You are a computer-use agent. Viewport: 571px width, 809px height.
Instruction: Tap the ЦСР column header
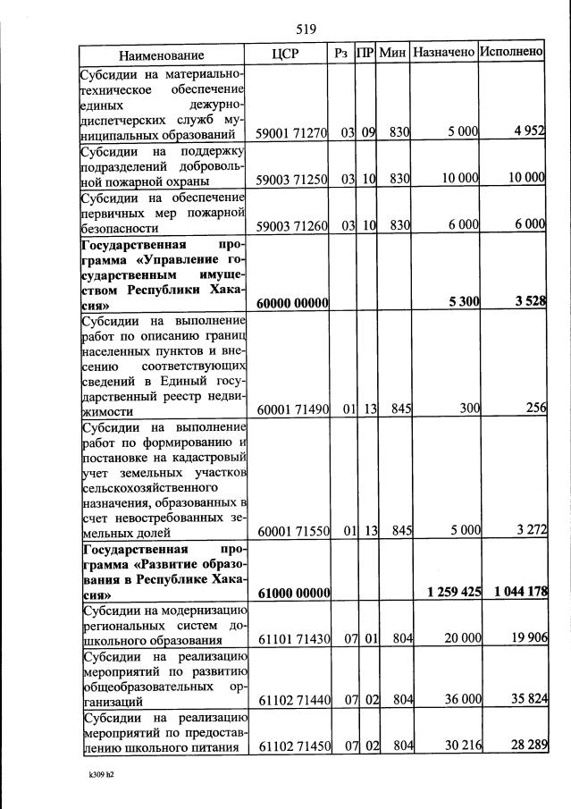point(286,53)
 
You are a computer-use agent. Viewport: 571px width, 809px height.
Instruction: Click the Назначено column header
point(443,53)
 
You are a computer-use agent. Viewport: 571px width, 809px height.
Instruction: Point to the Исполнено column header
point(511,52)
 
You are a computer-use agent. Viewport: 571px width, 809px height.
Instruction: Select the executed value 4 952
point(529,131)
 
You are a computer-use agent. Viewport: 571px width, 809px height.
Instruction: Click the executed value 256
point(535,409)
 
